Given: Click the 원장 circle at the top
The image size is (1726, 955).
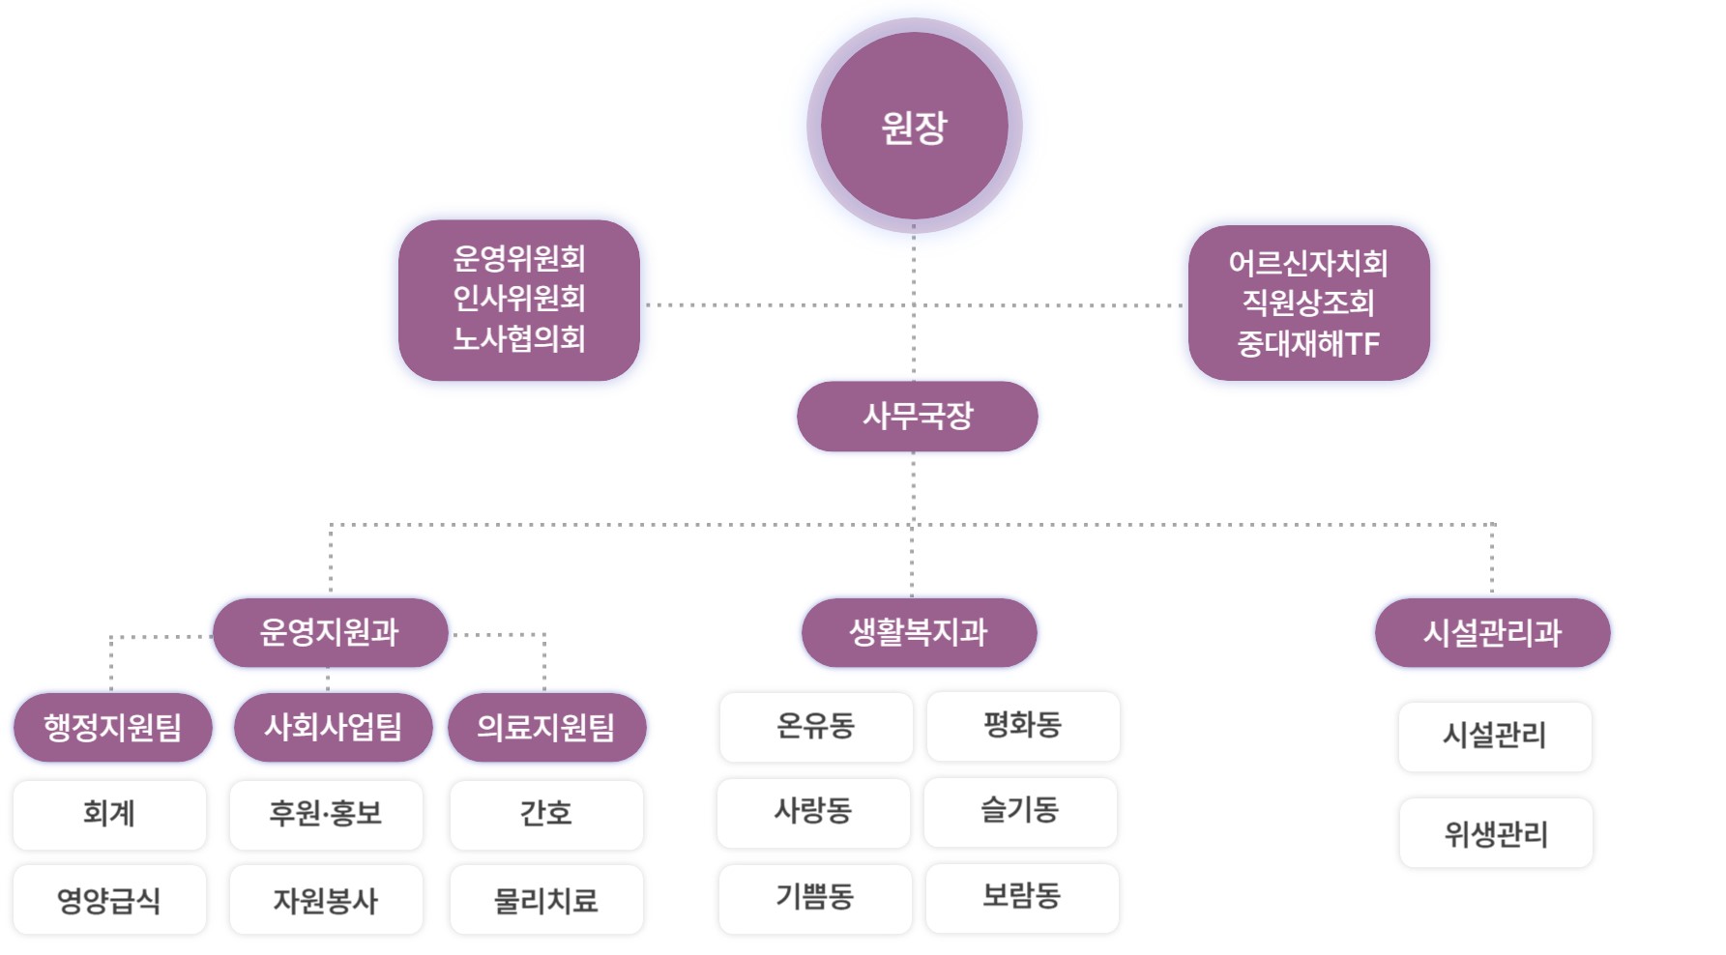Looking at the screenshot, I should (914, 126).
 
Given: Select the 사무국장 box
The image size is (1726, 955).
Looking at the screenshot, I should (917, 417).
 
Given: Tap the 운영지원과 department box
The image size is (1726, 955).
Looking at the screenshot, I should (330, 633).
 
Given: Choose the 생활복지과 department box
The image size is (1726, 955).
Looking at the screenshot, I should (919, 633).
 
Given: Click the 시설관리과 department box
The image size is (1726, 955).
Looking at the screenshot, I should (1492, 633).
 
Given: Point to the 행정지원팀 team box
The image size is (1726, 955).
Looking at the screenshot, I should (112, 727).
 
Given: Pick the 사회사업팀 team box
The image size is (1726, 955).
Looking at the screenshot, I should (333, 727).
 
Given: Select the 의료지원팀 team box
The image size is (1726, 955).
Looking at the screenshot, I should (546, 727).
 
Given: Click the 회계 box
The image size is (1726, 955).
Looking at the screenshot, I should (109, 814).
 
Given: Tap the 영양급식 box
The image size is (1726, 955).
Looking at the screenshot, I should (109, 901).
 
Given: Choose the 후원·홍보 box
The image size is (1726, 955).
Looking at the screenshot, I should (326, 814).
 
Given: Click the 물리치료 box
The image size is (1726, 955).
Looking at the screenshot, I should (546, 901).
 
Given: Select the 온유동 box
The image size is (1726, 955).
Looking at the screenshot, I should (815, 726).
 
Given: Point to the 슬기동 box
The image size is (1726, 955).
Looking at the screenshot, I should (1020, 810).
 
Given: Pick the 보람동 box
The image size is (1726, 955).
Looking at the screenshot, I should (1022, 896).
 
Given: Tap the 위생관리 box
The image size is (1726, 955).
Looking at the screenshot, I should (1496, 833).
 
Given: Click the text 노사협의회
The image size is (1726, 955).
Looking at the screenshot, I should (519, 338).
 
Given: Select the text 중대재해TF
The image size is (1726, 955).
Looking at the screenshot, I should (1308, 343).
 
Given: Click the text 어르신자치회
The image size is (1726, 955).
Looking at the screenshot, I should (1308, 263).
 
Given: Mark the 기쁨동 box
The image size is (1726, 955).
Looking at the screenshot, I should (815, 897).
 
